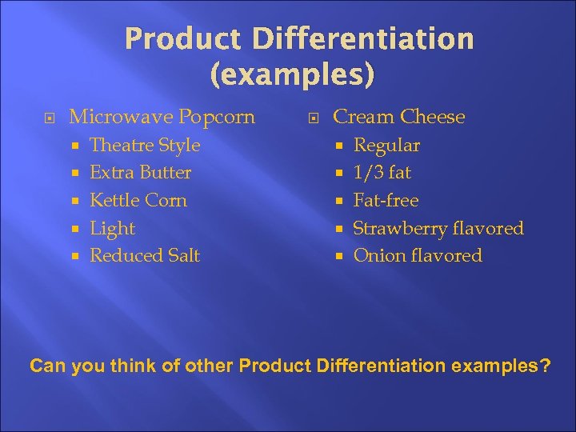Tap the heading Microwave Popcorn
(x=162, y=117)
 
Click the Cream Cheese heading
(x=398, y=117)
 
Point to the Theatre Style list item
(x=145, y=146)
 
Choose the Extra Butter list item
(x=141, y=173)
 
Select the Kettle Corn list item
(x=138, y=200)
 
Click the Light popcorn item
(x=113, y=229)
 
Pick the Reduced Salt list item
(x=145, y=256)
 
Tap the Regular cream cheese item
(x=386, y=146)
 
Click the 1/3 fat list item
(x=382, y=173)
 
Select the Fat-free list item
(x=386, y=200)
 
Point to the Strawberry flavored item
(x=438, y=229)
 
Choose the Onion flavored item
(x=418, y=256)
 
